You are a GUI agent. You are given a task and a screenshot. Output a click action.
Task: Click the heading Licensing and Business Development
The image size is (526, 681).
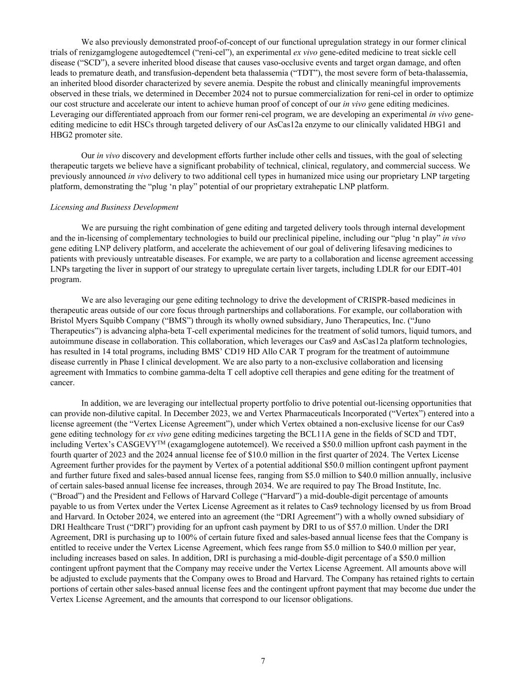114,207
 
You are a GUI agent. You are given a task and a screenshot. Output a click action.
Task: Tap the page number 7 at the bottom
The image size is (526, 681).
263,661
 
